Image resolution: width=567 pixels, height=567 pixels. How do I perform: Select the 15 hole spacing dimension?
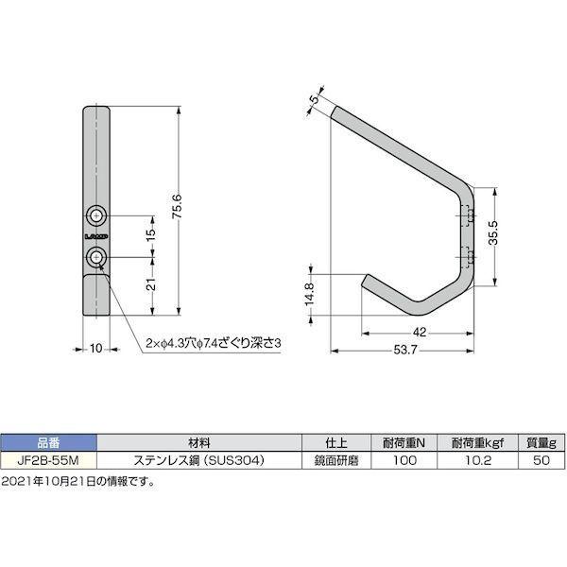[x=149, y=235]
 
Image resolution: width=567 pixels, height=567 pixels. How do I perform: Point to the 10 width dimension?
[x=96, y=349]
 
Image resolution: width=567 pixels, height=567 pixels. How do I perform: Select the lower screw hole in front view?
[x=96, y=258]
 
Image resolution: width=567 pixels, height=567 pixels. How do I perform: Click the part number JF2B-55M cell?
[x=49, y=461]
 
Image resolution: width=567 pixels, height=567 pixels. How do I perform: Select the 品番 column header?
[x=49, y=442]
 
